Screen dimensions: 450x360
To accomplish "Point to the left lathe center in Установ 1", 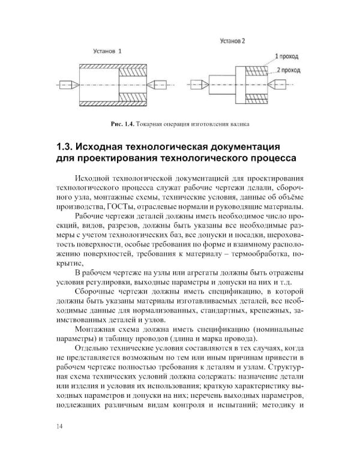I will click(x=68, y=84).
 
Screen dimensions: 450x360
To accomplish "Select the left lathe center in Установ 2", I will click(x=196, y=84).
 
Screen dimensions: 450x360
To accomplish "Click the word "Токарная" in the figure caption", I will click(x=154, y=124).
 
